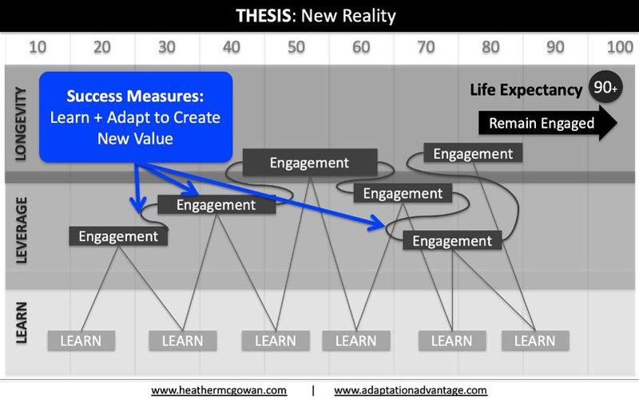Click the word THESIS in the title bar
pos(264,16)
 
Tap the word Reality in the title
pos(369,17)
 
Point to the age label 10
pos(38,47)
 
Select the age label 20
pos(102,47)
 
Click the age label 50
pos(296,47)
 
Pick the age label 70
pos(426,47)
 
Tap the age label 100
pos(620,47)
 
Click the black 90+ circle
pos(605,87)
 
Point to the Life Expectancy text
pos(526,90)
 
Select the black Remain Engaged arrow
pos(548,123)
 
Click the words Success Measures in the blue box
pos(135,96)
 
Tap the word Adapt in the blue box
pos(131,117)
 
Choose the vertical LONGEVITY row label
pos(21,124)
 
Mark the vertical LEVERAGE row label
pos(22,230)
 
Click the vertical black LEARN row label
pos(22,323)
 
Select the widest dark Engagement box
pos(310,163)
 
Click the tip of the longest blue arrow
pos(385,225)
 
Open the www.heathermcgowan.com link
pos(219,390)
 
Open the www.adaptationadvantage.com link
pos(411,390)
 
